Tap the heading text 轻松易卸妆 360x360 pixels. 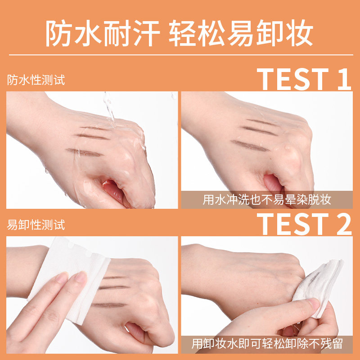coord(241,33)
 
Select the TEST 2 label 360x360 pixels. coord(304,224)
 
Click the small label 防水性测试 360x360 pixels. coord(36,81)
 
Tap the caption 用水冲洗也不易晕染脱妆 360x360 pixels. coord(267,199)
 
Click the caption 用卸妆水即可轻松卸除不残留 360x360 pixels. coord(267,344)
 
